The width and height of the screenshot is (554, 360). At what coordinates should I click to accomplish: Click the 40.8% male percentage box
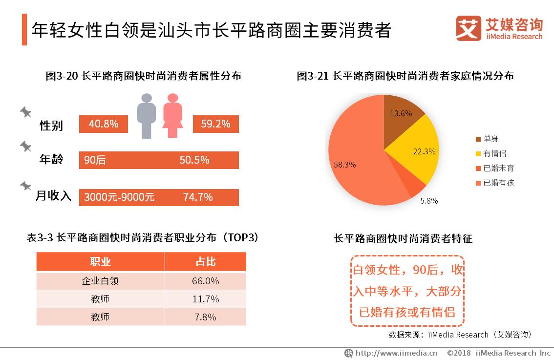pos(104,124)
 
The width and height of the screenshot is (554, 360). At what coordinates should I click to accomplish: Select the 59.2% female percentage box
pos(215,124)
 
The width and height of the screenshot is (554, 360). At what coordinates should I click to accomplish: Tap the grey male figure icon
pos(146,116)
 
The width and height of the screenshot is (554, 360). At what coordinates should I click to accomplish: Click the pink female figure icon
pos(172,116)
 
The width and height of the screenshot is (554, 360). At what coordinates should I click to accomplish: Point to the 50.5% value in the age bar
pos(194,160)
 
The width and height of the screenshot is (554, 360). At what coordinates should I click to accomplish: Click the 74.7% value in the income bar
pos(197,197)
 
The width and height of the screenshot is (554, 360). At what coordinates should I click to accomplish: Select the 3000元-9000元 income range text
pos(119,197)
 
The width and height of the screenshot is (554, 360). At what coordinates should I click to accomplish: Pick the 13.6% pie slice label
pos(401,113)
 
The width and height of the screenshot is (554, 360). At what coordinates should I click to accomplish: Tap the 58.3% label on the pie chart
pos(344,165)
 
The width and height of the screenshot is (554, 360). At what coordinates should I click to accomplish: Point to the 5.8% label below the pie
pos(429,201)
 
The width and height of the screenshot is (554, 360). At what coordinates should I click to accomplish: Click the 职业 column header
pos(100,262)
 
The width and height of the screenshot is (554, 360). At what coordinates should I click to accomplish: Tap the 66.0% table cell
pos(205,281)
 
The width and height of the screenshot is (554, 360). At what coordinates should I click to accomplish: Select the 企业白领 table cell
pos(100,281)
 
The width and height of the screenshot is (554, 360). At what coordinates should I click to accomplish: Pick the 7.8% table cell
pos(205,317)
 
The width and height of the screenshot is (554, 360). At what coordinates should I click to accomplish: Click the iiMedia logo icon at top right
pos(469,28)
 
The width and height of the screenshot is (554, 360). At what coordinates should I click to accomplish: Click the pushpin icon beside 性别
pos(26,113)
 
